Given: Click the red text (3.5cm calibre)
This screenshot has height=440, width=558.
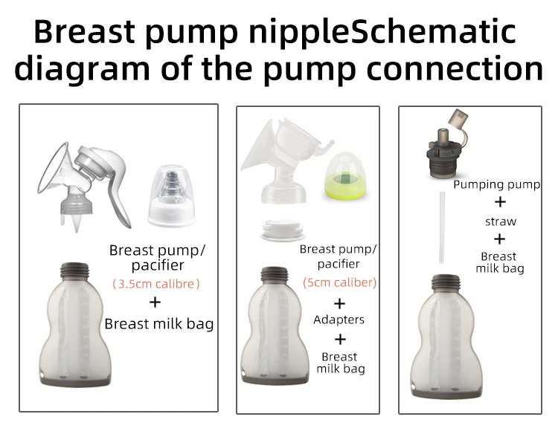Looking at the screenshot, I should tap(156, 283).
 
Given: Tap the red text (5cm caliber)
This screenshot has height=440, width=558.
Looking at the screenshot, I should tap(339, 282).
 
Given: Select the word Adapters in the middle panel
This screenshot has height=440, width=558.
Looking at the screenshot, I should tap(339, 320).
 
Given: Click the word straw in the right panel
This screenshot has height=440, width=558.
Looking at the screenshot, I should tap(500, 221).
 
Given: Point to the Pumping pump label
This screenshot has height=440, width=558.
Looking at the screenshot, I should tap(497, 184).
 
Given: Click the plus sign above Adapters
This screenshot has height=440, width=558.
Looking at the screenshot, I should tap(339, 303).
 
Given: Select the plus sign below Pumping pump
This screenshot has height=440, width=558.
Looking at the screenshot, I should tap(500, 202).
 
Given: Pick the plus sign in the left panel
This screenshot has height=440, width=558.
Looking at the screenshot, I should tap(155, 302).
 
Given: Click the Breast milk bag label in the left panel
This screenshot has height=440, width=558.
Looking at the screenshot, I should tap(158, 323).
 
